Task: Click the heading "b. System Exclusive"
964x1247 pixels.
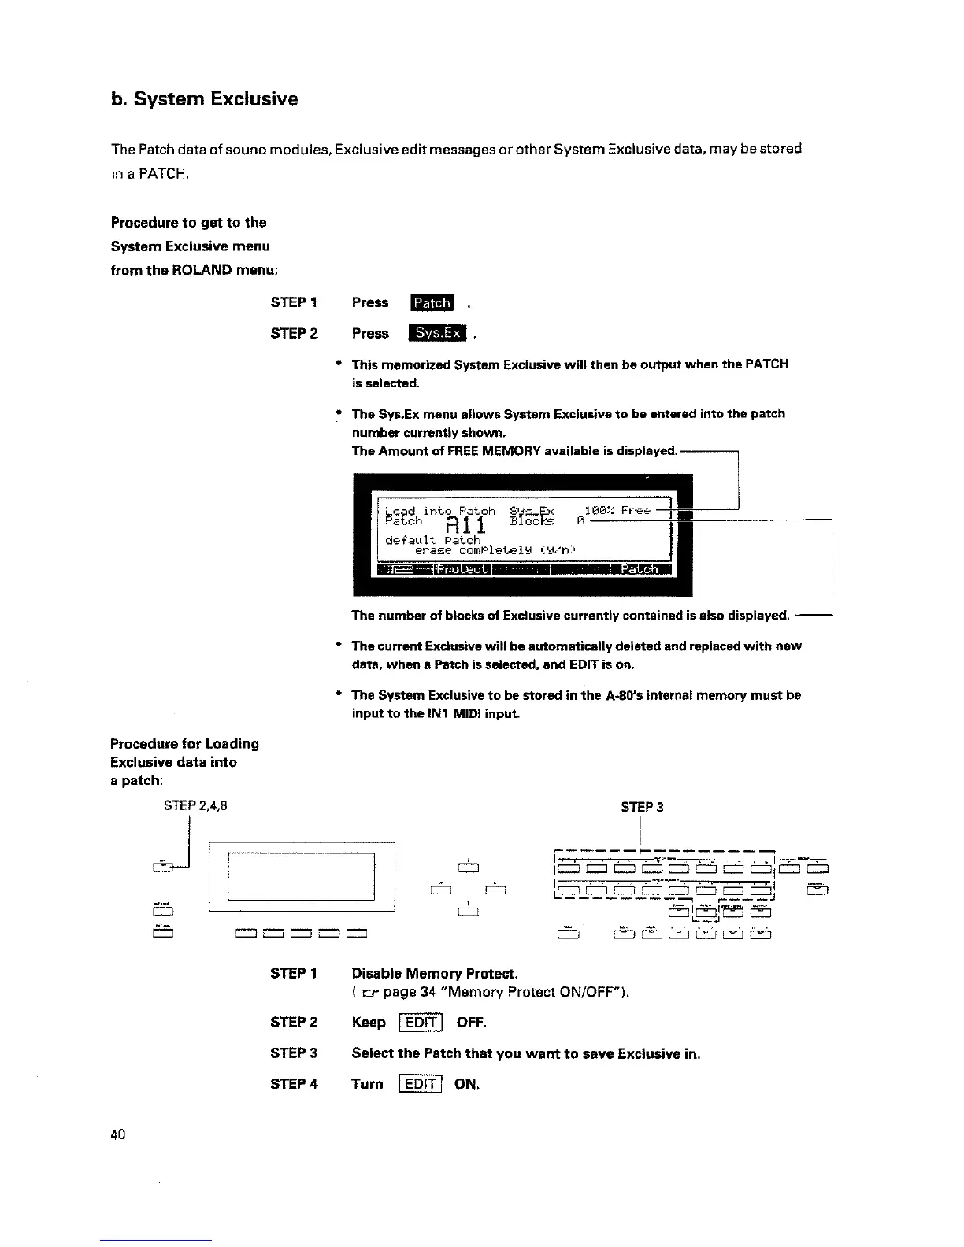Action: tap(204, 99)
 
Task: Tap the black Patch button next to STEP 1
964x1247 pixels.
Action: tap(432, 303)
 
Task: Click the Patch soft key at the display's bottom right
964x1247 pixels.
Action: tap(639, 569)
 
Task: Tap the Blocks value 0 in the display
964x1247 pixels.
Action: tap(580, 521)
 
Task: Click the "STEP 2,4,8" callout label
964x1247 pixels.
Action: tap(195, 805)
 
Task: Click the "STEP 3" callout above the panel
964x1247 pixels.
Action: tap(642, 807)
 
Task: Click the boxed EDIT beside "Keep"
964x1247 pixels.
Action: tap(421, 1023)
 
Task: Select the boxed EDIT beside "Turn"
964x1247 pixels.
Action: tap(421, 1084)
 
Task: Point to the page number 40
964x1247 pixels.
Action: tap(118, 1134)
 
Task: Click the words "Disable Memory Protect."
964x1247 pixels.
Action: tap(435, 974)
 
